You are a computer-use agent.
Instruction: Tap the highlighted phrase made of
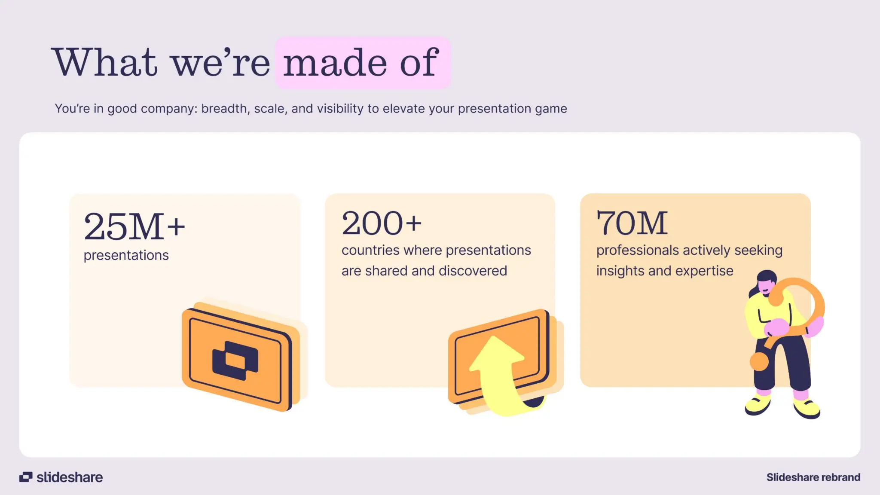(361, 63)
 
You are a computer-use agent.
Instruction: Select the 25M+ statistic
(134, 226)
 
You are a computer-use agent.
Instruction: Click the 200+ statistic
(382, 223)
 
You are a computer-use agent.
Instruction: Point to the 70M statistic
(632, 223)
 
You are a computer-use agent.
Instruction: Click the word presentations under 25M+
(126, 255)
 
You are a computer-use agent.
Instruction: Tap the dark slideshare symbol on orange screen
(235, 360)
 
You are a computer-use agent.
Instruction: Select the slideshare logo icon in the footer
(26, 477)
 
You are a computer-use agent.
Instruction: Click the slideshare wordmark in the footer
(70, 477)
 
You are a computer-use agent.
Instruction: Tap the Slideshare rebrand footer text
(813, 477)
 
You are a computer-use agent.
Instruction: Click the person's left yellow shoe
(757, 405)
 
